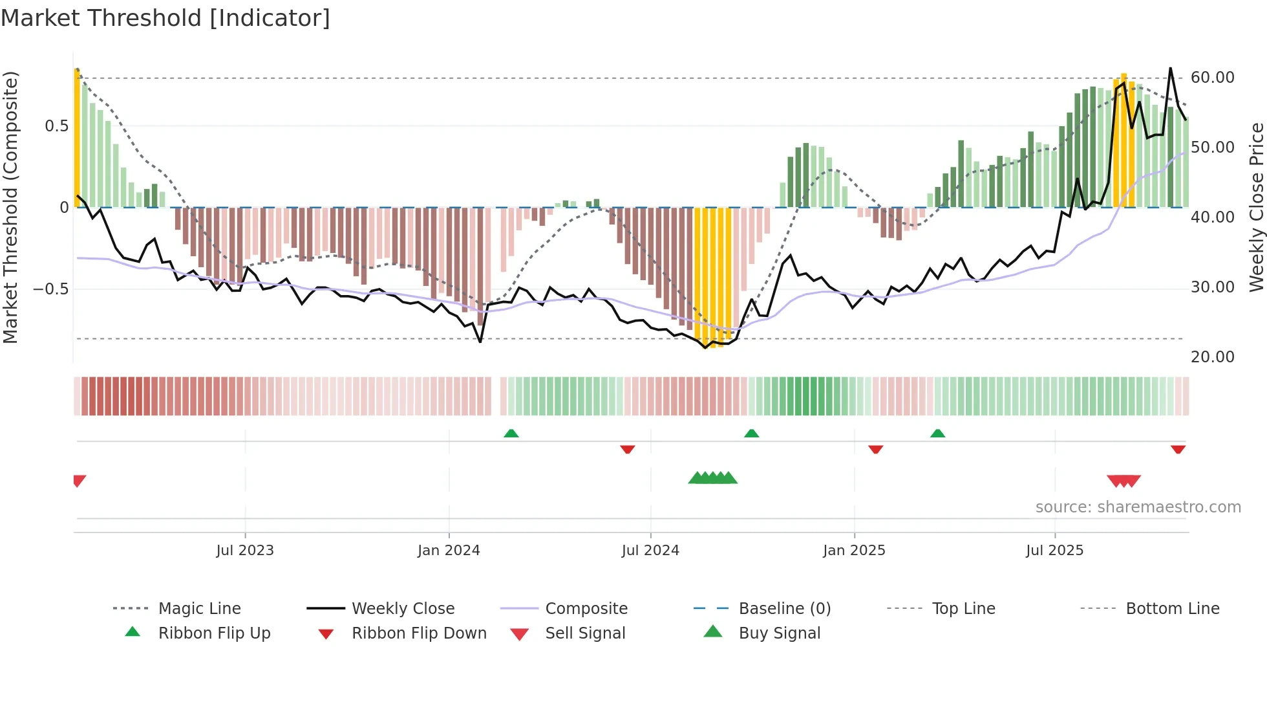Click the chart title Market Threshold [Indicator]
165,18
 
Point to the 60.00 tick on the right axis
1212,78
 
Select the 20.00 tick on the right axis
1212,357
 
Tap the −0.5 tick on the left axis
51,289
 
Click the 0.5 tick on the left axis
56,126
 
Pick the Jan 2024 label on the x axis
449,551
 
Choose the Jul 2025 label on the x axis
1054,551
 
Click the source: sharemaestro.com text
1138,507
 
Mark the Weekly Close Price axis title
1256,207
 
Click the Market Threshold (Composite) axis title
10,207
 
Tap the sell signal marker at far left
79,480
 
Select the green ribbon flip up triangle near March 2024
511,433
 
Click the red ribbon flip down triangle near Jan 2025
876,449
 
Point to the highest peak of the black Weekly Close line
1170,69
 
